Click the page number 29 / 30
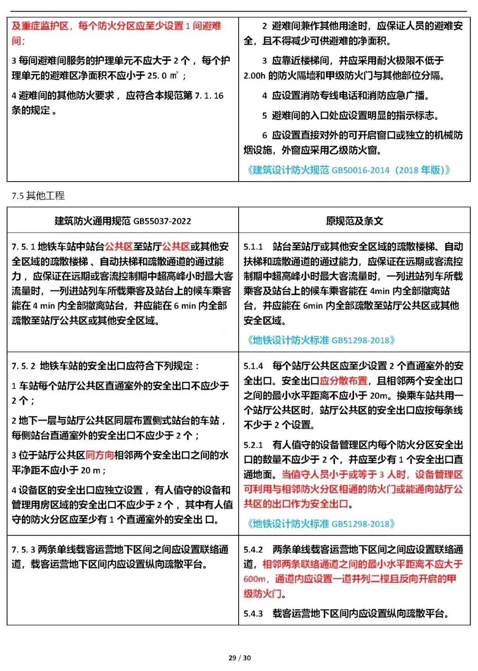[239, 658]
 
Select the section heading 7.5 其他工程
[38, 195]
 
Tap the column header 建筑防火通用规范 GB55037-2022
[123, 221]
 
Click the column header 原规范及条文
[354, 221]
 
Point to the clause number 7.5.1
[23, 247]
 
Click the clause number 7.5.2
[23, 366]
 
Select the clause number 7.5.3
[23, 550]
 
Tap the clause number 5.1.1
[253, 247]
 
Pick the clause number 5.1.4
[253, 366]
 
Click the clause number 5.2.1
[253, 445]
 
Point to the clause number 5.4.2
[253, 550]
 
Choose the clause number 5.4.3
[253, 614]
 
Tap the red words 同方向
[100, 455]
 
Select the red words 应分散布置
[343, 381]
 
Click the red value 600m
[255, 579]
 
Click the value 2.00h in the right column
[254, 76]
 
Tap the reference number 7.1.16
[209, 96]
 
